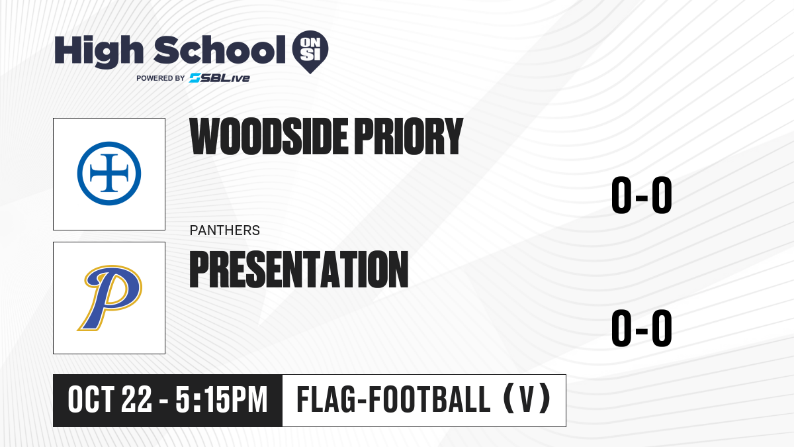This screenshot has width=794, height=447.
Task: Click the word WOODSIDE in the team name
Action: pos(269,136)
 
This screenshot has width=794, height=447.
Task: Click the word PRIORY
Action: pos(409,136)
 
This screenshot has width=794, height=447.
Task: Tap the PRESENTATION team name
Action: pos(299,269)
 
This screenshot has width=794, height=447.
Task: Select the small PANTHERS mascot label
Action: pos(225,230)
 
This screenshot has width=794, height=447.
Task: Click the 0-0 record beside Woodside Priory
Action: pos(642,195)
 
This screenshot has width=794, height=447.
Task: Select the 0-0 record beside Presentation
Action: pos(642,328)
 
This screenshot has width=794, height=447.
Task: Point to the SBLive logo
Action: pos(220,78)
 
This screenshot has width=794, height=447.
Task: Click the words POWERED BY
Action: pos(161,78)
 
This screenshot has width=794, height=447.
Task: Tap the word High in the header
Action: pos(99,52)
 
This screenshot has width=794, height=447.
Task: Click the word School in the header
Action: pos(220,50)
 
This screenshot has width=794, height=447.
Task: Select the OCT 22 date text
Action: pos(110,400)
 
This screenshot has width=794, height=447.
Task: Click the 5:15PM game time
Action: pos(222,400)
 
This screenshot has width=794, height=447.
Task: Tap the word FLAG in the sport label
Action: pos(326,399)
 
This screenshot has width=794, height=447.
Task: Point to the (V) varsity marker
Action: pos(527,399)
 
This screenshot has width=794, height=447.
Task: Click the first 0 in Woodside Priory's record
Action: pos(621,195)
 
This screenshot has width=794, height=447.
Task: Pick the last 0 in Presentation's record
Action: pos(662,328)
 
